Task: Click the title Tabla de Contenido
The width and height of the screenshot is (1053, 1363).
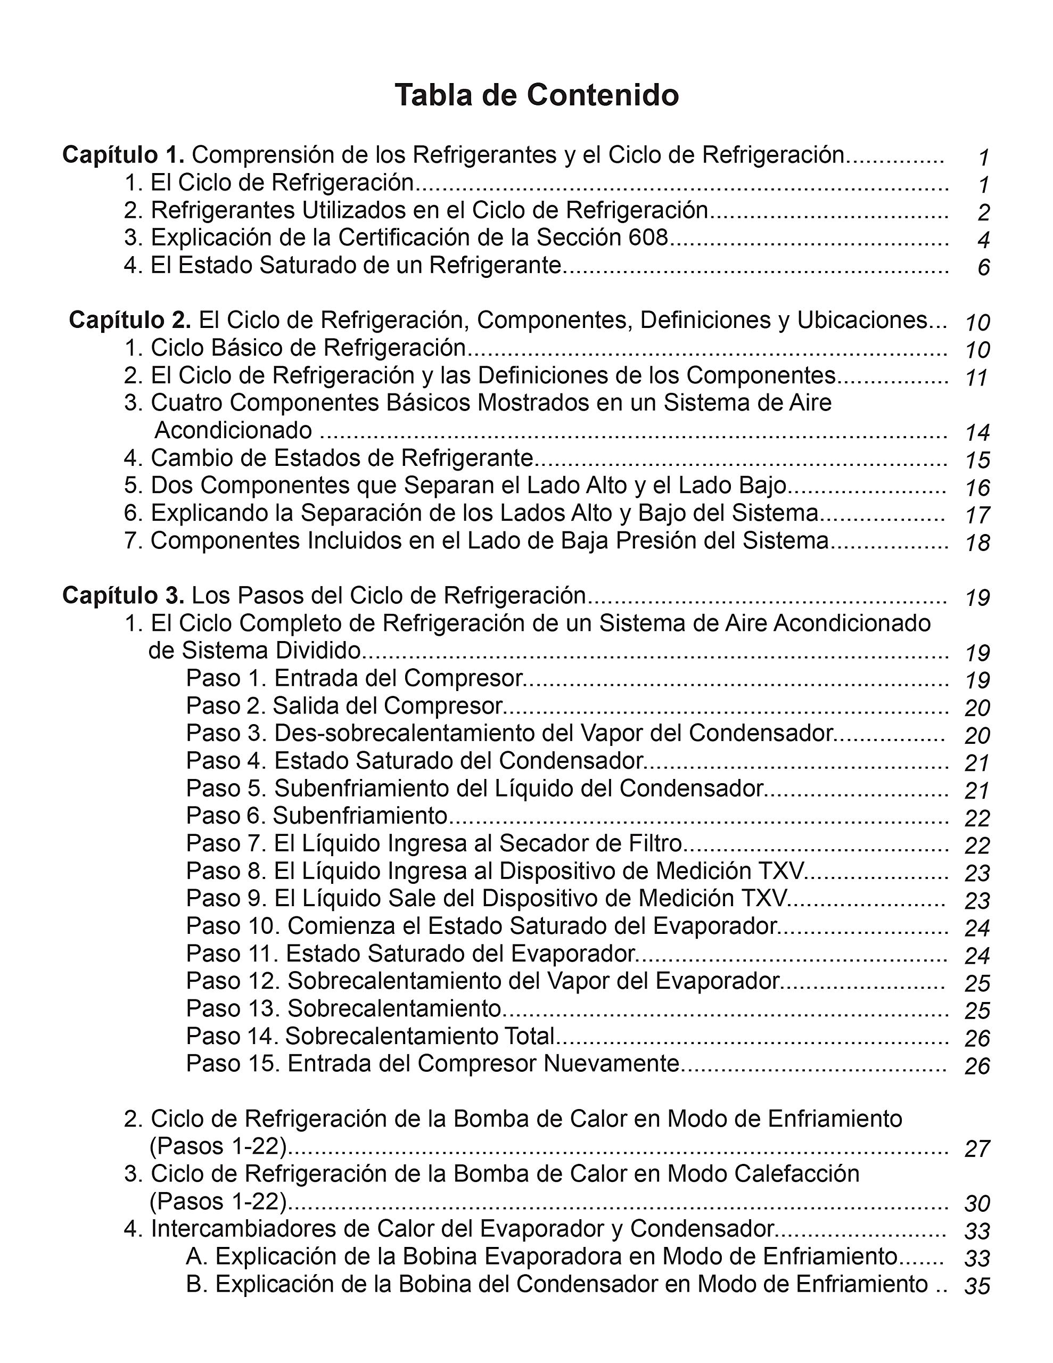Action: [x=536, y=95]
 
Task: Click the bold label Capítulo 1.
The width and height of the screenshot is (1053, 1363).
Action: [x=123, y=155]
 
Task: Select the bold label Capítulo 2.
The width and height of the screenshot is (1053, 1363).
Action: [x=130, y=320]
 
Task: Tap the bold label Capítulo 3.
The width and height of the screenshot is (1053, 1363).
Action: [x=123, y=596]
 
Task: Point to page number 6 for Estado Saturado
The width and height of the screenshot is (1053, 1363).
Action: [x=984, y=268]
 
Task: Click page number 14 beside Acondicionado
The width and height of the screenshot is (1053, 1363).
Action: [x=977, y=432]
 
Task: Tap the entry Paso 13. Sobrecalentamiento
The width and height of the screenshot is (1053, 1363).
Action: [x=344, y=1008]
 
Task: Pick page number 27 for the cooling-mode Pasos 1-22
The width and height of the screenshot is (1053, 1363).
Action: [x=977, y=1149]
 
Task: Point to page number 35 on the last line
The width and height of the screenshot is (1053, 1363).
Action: [x=977, y=1286]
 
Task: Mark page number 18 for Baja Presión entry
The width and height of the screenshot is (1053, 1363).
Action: [x=977, y=543]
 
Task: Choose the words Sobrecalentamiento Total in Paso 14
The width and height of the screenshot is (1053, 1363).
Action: [x=420, y=1036]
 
